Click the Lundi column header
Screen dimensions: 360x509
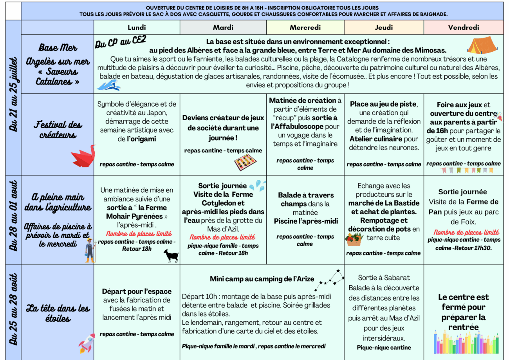click(137, 27)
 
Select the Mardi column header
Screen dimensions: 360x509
click(223, 27)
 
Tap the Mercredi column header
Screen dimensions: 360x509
click(305, 27)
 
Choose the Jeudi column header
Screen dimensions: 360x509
click(384, 27)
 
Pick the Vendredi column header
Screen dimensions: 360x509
click(463, 27)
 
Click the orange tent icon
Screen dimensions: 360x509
click(482, 45)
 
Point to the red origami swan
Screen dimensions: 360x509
click(83, 156)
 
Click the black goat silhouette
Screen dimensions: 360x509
click(171, 255)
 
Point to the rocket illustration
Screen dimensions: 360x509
click(87, 343)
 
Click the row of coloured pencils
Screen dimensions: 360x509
click(466, 342)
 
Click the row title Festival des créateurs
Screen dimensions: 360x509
click(58, 130)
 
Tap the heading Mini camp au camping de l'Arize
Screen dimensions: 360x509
click(262, 279)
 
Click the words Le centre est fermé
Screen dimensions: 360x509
click(463, 302)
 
